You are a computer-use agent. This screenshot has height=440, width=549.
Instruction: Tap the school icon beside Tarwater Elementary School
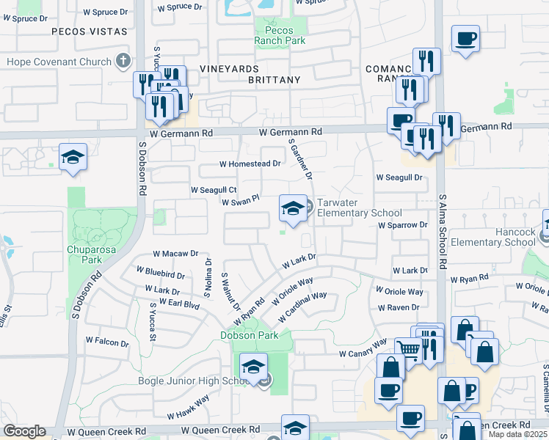(x=293, y=208)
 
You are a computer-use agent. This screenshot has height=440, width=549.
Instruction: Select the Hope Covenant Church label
(x=60, y=61)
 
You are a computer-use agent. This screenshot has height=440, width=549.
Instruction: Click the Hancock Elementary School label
(x=493, y=237)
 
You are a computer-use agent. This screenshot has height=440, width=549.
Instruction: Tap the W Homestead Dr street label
(x=251, y=164)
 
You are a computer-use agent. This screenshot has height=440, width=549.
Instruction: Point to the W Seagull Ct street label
(x=214, y=189)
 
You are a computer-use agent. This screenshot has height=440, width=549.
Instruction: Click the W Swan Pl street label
(x=241, y=201)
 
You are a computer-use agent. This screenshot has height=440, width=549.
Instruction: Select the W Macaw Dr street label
(x=175, y=254)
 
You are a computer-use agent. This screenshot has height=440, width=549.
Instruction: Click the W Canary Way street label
(x=363, y=348)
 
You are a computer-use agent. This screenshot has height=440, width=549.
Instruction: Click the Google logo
(x=24, y=431)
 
